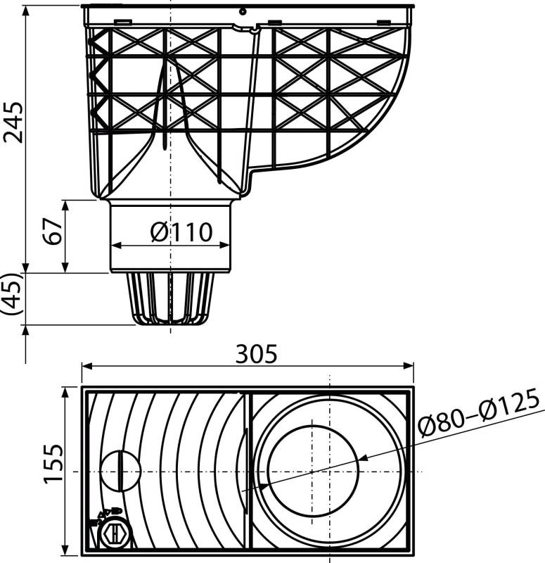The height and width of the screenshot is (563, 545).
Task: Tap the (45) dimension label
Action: [12, 298]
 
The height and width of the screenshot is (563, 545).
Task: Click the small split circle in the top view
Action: [120, 471]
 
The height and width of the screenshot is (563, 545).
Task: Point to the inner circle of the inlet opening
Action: [313, 470]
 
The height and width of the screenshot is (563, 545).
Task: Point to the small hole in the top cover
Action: [241, 11]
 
